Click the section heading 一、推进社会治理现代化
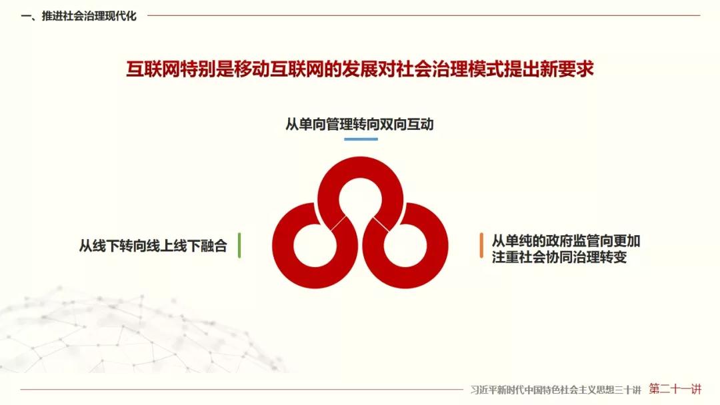point(79,16)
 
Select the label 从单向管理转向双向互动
point(359,125)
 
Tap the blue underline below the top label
point(361,139)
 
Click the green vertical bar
point(239,245)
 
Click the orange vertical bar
point(481,245)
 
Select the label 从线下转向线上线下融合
point(153,246)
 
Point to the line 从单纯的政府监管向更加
point(566,240)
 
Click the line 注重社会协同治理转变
point(559,257)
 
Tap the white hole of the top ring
point(361,200)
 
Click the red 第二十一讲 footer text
point(675,389)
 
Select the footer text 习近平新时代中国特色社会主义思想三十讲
point(555,390)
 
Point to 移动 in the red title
point(252,69)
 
